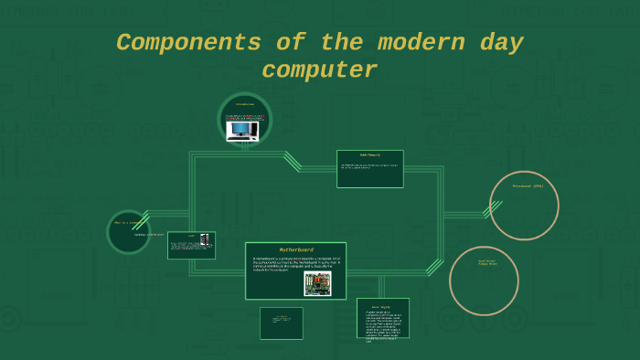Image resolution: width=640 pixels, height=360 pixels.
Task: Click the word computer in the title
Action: [x=319, y=70]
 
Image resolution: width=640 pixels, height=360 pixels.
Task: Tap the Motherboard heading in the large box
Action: [x=295, y=249]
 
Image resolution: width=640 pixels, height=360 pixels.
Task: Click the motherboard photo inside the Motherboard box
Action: [x=317, y=283]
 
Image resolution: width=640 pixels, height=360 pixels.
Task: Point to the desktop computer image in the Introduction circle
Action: [x=241, y=131]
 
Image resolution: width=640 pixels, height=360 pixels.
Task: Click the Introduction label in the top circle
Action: [x=245, y=104]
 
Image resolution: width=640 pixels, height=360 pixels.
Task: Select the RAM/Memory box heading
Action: [x=369, y=155]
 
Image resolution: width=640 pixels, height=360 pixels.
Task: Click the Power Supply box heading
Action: [x=381, y=306]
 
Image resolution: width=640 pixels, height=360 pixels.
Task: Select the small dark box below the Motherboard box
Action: [x=281, y=323]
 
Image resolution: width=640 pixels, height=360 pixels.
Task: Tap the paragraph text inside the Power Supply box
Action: [x=379, y=324]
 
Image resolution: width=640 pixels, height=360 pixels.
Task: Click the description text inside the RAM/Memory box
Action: [x=368, y=166]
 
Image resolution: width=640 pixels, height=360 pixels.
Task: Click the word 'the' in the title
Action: [x=341, y=43]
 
